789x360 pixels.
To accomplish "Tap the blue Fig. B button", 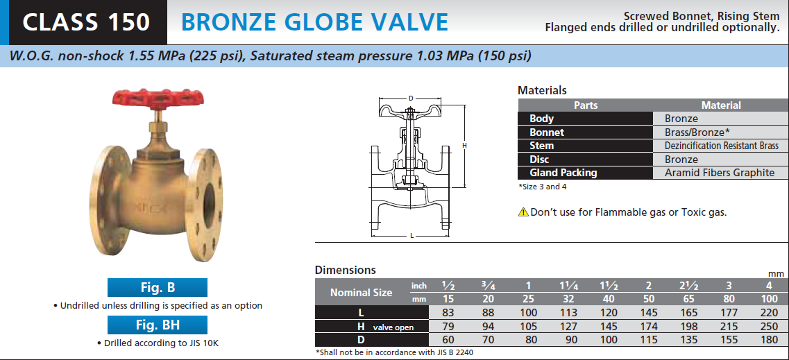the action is click(158, 288).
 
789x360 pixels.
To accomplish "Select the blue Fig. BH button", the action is click(158, 325).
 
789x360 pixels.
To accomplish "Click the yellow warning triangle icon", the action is click(523, 212).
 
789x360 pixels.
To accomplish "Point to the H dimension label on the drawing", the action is click(465, 145).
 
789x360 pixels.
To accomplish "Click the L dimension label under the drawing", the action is click(412, 236).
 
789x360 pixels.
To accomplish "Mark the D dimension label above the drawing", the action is click(411, 98).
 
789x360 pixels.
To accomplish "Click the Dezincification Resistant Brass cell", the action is click(721, 146).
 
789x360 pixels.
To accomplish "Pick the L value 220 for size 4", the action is click(770, 313).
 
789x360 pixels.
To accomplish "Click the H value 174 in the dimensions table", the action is click(649, 326).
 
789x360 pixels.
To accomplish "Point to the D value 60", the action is click(448, 340).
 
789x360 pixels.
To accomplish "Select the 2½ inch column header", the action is click(689, 286).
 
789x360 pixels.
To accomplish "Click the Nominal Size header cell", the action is click(362, 292).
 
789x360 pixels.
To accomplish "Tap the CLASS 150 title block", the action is click(86, 22).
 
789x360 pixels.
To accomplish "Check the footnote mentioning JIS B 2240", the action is click(394, 352).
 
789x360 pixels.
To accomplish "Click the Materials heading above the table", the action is click(542, 90).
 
